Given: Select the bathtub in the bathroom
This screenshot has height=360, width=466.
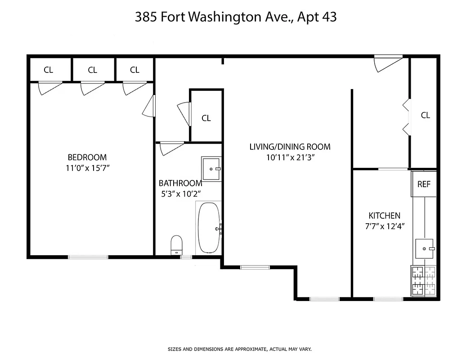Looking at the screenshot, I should [x=209, y=228].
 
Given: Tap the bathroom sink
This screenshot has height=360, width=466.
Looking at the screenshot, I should [x=211, y=169].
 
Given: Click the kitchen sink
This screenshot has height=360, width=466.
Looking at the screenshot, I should [x=424, y=248].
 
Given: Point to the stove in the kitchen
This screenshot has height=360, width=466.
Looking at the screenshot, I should [x=423, y=281].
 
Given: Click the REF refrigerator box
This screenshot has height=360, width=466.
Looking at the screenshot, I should [x=424, y=184].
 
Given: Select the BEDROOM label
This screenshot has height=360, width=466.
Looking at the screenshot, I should [x=87, y=157].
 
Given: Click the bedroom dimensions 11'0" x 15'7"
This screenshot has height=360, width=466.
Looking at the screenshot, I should [x=87, y=168].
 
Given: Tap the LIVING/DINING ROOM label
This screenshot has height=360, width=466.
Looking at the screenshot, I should [x=290, y=147].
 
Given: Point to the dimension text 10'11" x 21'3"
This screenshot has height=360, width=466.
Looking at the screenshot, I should [x=290, y=157].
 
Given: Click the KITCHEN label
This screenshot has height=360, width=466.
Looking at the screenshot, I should [x=384, y=216].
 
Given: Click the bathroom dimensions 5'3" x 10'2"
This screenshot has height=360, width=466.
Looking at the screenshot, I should [x=179, y=194].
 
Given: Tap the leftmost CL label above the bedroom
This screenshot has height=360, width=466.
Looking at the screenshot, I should [x=48, y=70].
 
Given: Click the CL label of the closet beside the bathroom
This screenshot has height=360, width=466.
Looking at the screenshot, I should [x=206, y=118].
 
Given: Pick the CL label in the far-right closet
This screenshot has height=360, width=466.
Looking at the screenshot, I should [x=426, y=115].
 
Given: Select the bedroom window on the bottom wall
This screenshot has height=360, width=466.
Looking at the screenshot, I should [x=88, y=257].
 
